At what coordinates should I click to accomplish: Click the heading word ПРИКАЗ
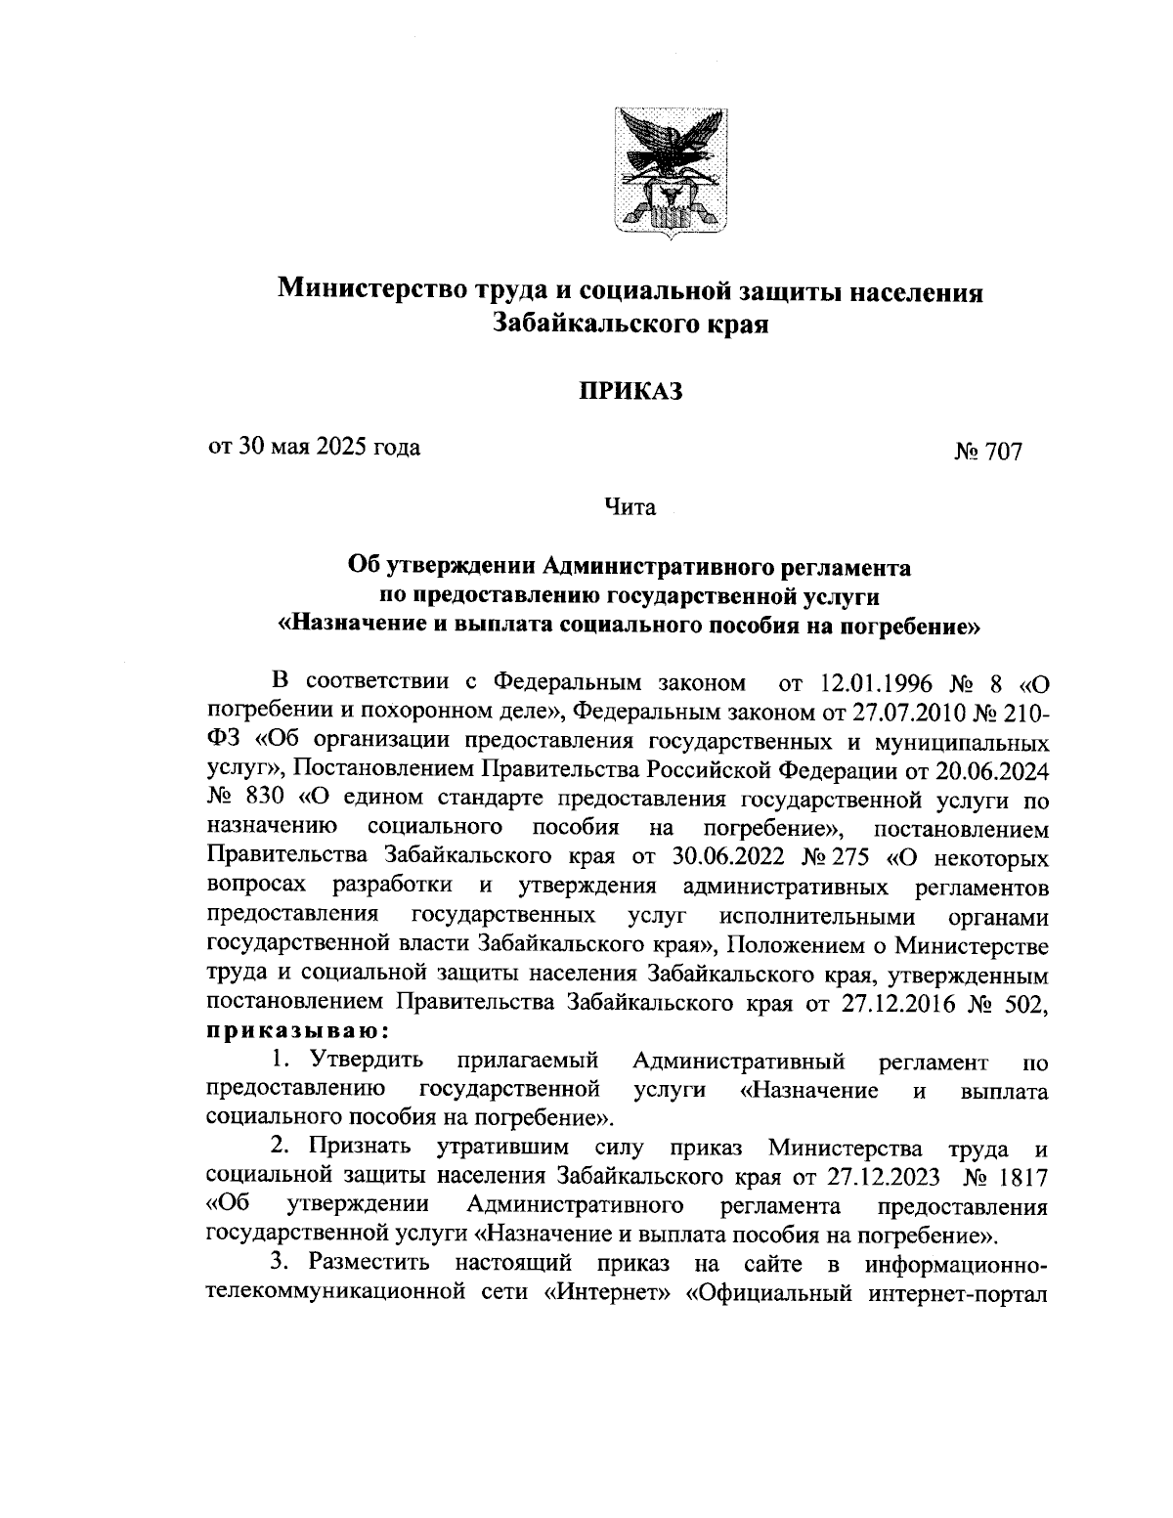tap(630, 392)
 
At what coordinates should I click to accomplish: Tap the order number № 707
tap(987, 453)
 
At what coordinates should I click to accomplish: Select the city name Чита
tap(630, 507)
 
